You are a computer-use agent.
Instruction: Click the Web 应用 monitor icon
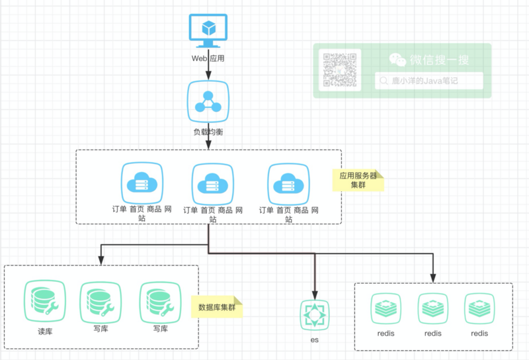tap(209, 30)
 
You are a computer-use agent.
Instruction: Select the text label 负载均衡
tap(209, 132)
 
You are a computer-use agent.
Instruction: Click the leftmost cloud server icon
tap(142, 182)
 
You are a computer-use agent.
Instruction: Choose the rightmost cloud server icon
tap(289, 183)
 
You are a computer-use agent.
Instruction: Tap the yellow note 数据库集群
tap(217, 307)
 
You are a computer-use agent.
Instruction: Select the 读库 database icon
tap(45, 302)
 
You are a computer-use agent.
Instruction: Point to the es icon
tap(315, 316)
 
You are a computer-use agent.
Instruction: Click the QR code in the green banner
tap(340, 70)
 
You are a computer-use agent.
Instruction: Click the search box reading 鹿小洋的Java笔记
tap(428, 81)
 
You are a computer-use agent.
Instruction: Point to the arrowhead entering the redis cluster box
tap(434, 278)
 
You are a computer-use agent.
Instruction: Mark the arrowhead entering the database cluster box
tap(101, 260)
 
